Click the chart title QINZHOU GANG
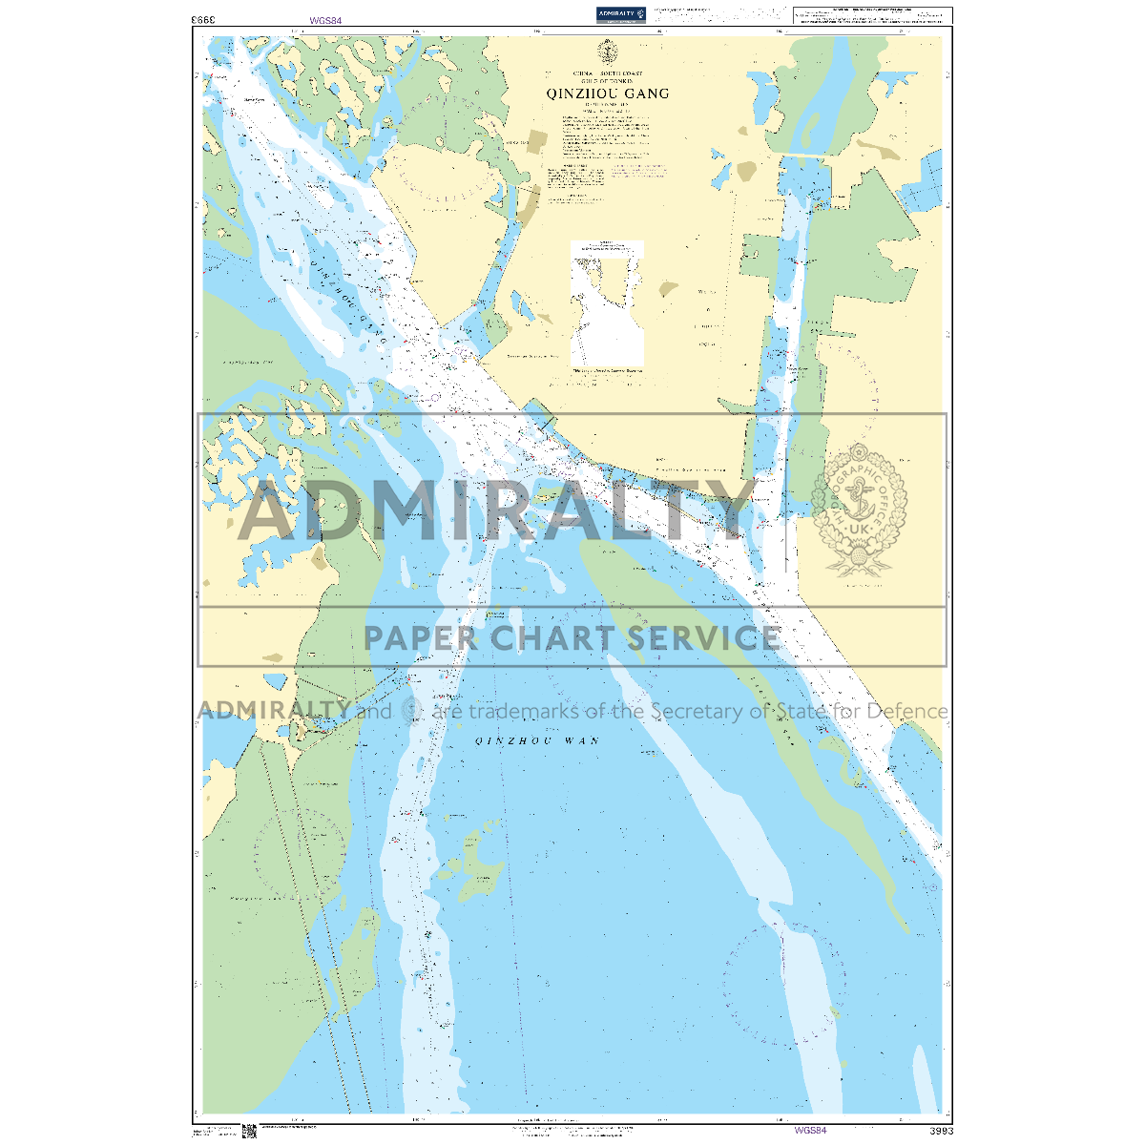coord(608,94)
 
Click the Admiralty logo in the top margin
coord(621,13)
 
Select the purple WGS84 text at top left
coord(325,20)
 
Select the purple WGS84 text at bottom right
coord(809,1131)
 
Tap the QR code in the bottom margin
coord(250,1132)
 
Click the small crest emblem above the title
coord(607,52)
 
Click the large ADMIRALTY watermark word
coord(496,510)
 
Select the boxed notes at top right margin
coord(872,15)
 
